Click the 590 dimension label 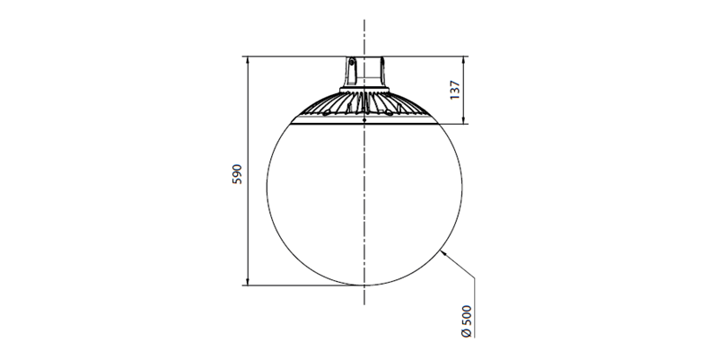tap(237, 174)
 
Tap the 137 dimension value tap(454, 90)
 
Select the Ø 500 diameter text tap(467, 321)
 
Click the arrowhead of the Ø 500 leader tap(442, 251)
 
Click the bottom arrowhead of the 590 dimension tap(248, 282)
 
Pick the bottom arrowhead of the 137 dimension tap(463, 120)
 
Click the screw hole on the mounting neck tap(352, 62)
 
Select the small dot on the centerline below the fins tap(364, 120)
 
